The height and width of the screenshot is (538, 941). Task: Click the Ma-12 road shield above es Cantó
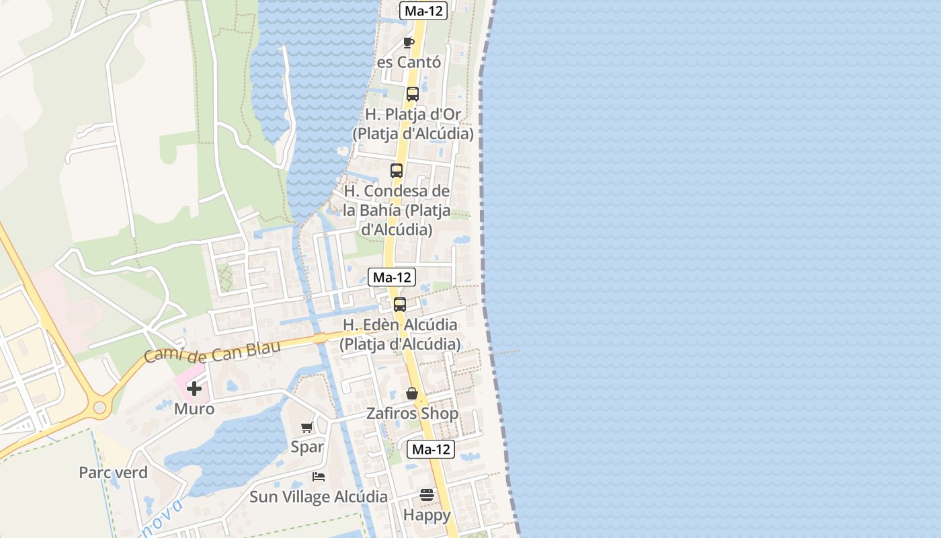pos(423,11)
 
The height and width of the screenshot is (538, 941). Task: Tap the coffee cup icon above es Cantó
pos(409,43)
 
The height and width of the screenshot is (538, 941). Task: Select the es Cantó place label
pos(409,63)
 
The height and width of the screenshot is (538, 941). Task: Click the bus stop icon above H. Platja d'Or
pos(413,94)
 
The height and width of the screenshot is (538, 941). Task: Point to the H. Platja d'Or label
pos(413,124)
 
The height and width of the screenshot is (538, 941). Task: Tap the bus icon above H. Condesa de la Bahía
pos(397,171)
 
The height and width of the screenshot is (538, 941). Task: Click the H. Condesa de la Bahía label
pos(397,210)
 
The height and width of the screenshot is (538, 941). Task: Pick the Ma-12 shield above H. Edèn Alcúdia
pos(392,277)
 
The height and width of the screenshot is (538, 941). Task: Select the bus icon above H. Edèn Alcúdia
pos(400,305)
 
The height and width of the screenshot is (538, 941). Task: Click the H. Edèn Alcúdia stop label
pos(400,334)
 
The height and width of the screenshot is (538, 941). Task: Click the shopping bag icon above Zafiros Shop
pos(412,393)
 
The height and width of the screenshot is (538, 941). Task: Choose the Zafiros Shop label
pos(412,414)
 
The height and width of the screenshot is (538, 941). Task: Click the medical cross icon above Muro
pos(194,389)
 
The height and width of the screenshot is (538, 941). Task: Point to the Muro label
pos(194,409)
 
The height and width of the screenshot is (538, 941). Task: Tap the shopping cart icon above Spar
pos(307,427)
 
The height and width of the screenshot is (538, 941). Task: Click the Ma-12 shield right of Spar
pos(431,449)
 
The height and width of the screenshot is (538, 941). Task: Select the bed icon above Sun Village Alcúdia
pos(319,477)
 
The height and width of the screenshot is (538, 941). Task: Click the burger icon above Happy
pos(427,496)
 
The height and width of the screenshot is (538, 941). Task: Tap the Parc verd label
pos(113,473)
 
